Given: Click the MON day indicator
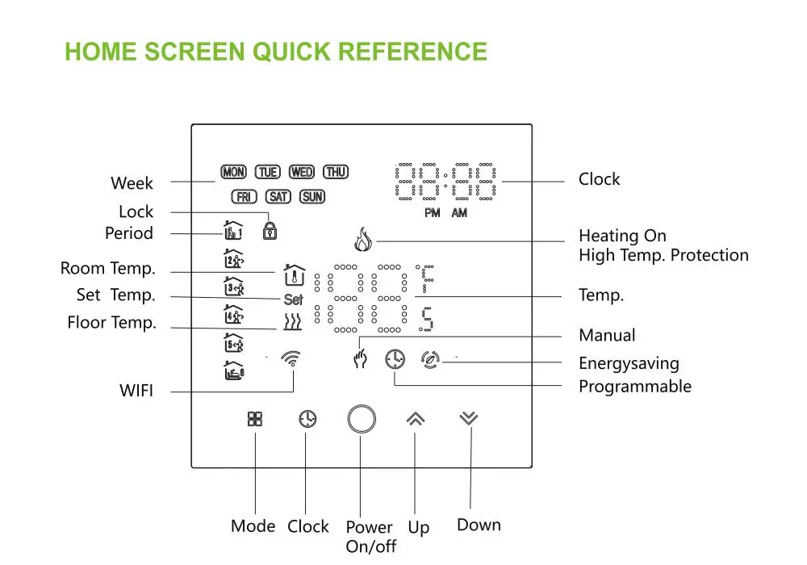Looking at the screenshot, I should point(234,172).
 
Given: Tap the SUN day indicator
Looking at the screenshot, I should point(312,196).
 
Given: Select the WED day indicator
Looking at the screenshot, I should point(302,172).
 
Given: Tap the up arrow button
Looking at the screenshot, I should point(416,418).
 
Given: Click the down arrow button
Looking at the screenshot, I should point(469,418).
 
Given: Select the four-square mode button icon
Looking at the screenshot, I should point(255,419).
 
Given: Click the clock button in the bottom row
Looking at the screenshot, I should point(307,419).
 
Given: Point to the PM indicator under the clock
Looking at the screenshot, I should point(433,213).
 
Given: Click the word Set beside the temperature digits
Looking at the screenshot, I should point(293,299).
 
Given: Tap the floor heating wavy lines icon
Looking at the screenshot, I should point(293,324).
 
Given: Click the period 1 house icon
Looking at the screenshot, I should point(233,232).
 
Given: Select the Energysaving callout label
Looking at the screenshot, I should point(629,363).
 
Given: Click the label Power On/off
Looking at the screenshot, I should point(370,537).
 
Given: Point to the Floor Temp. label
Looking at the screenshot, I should point(112,323).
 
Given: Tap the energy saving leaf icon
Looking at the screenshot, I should point(430,359).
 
